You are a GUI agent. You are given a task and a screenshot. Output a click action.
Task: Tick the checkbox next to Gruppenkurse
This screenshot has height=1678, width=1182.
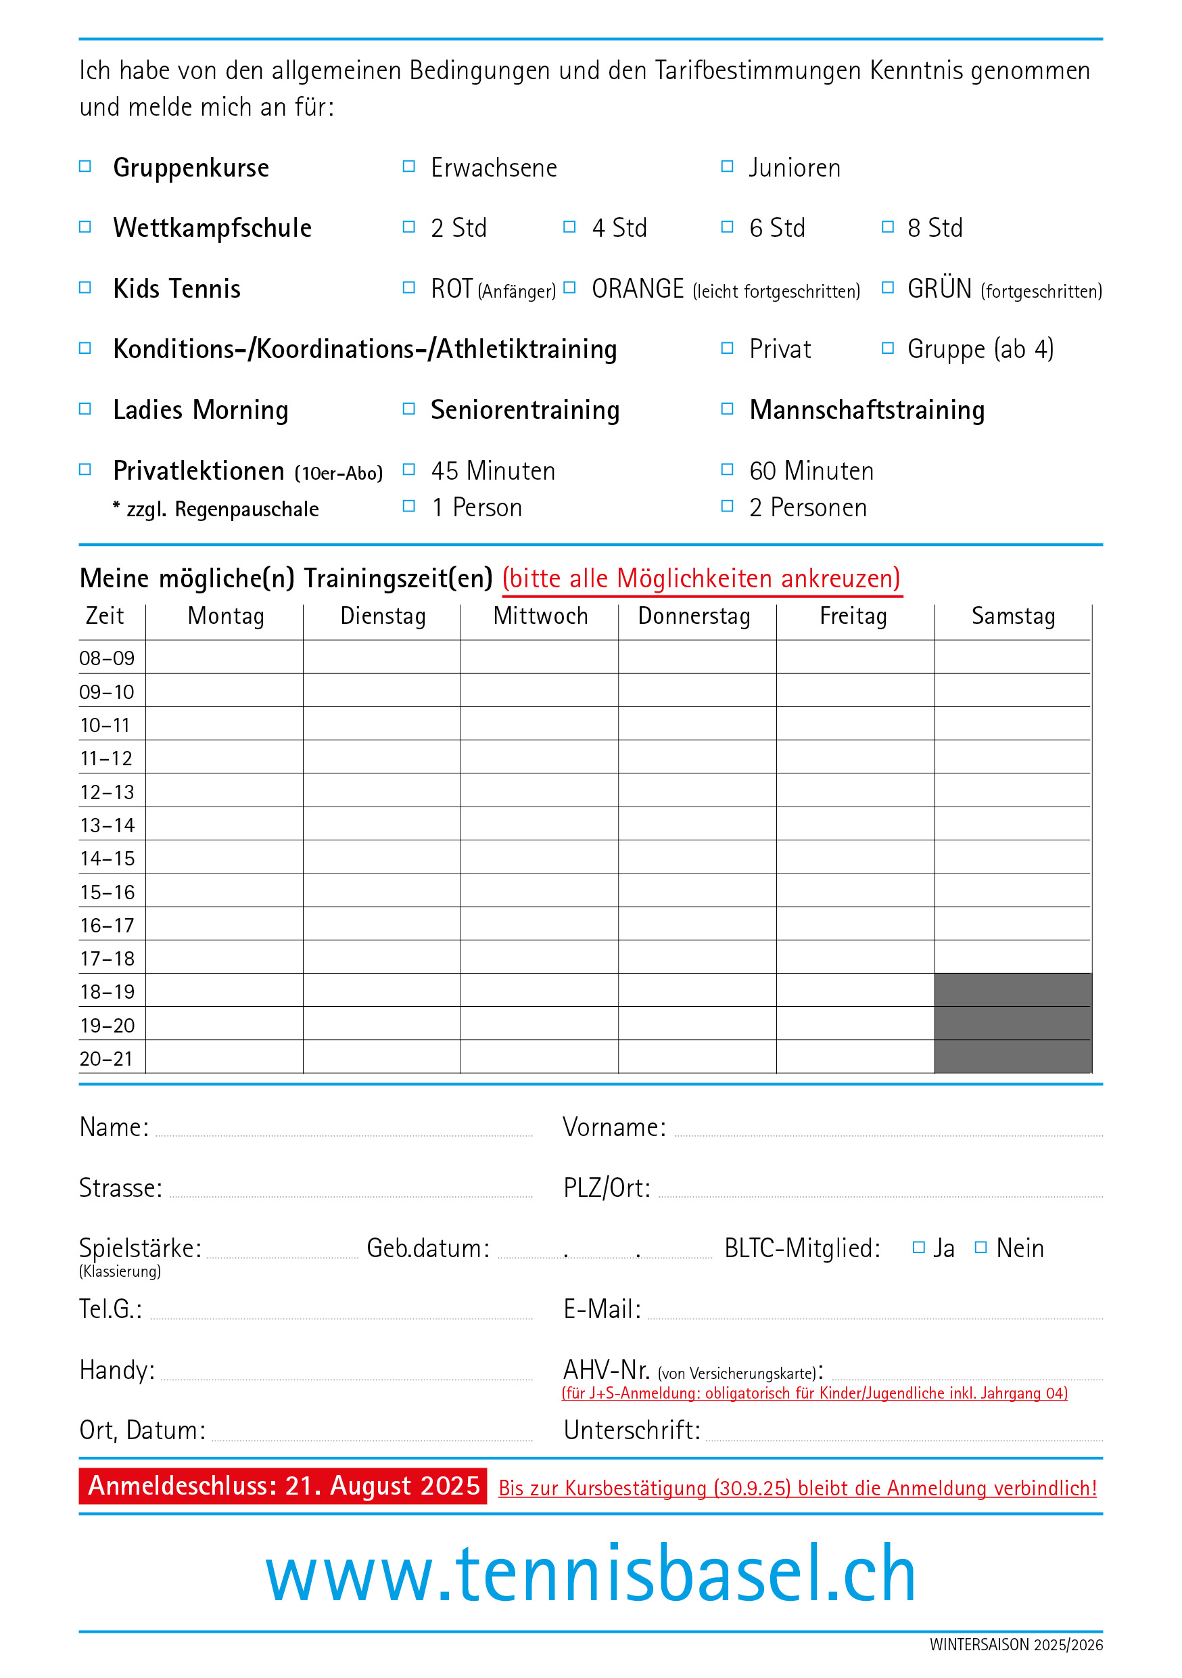coord(85,166)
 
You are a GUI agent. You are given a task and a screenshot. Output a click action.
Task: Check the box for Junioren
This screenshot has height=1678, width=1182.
coord(727,166)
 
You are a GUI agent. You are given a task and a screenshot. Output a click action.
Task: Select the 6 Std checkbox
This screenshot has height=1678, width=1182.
coord(727,227)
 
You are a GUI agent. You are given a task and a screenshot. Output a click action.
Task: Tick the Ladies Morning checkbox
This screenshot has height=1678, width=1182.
coord(85,409)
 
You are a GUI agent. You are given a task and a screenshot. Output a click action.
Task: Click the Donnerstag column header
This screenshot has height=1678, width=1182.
coord(694,616)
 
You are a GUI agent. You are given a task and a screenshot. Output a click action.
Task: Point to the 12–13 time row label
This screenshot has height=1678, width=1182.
coord(108,792)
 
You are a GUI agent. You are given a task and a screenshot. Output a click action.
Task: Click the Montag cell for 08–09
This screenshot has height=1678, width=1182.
coord(224,657)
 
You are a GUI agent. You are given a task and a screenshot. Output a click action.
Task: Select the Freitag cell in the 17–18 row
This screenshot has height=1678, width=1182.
coord(855,957)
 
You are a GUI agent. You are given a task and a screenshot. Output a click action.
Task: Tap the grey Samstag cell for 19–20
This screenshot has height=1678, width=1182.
coord(1012,1023)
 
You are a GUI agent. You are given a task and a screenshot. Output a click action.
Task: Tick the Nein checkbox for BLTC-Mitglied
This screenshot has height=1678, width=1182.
coord(981,1248)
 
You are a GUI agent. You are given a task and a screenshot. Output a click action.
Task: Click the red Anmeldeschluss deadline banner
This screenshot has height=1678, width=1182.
coord(283,1486)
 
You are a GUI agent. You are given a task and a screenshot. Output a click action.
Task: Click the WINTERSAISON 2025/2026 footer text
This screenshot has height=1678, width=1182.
coord(1016,1644)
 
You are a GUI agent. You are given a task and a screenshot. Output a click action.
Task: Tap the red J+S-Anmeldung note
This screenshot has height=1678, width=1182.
coord(814,1393)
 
